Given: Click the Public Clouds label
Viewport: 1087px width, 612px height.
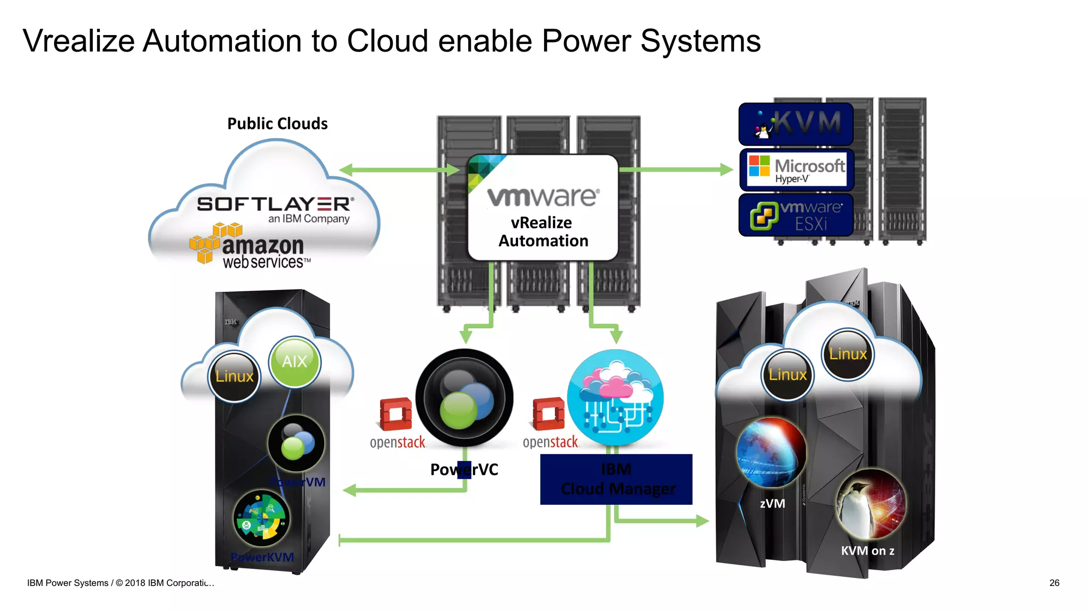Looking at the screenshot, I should (277, 124).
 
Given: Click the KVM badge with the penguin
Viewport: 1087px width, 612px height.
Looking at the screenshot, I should (796, 124).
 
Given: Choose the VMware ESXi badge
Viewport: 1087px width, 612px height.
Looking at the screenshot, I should (796, 215).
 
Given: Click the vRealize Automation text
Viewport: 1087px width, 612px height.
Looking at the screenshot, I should (543, 232).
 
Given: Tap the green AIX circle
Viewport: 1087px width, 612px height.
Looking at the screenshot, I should (295, 362).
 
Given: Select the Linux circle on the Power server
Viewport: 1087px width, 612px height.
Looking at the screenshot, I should (234, 376).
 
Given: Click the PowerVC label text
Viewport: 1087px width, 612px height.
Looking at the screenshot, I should (464, 470).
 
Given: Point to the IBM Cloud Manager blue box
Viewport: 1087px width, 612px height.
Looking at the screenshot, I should (616, 479).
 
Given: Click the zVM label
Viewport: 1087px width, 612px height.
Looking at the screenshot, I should (772, 504).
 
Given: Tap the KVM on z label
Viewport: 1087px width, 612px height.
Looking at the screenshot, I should (867, 551).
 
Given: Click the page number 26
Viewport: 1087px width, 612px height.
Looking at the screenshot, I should (1054, 583).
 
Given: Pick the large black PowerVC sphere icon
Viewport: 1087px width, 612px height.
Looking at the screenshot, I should (464, 398).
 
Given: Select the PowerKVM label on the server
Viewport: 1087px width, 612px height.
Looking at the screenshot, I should (262, 557).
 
